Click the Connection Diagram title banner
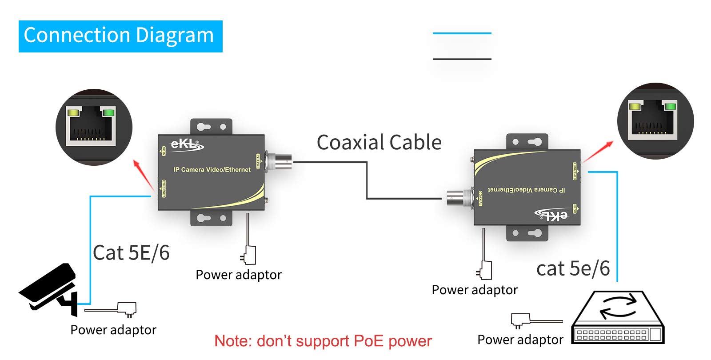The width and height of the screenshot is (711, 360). [x=120, y=36]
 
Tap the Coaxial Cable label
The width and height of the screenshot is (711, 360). [x=379, y=143]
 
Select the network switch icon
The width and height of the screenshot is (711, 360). [x=618, y=317]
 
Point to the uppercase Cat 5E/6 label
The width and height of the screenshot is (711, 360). [x=131, y=253]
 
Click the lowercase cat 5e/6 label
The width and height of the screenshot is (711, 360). [x=573, y=268]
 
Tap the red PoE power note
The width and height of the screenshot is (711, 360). [x=323, y=341]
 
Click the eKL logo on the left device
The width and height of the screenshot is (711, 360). [x=187, y=145]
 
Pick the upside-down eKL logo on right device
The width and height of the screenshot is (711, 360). [x=551, y=215]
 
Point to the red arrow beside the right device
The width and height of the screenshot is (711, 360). [x=598, y=152]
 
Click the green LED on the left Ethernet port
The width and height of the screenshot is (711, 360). [x=107, y=112]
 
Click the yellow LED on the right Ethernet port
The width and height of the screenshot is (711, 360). [x=635, y=106]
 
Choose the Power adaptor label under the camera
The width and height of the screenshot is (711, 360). [x=113, y=330]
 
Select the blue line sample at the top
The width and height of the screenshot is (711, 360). [x=462, y=33]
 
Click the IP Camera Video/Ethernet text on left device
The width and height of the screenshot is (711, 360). [x=212, y=170]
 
